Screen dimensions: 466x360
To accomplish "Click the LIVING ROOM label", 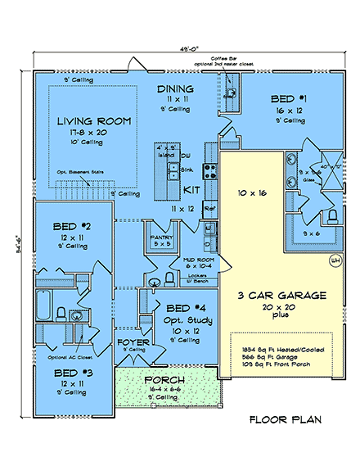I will click(x=93, y=120).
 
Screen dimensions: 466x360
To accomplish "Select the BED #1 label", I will click(x=288, y=98).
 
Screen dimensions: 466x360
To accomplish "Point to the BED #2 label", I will click(x=74, y=225).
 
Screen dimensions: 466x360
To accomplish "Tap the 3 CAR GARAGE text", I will click(x=282, y=296).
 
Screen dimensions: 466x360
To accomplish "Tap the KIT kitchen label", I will click(x=191, y=189).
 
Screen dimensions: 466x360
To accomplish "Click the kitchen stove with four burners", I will click(x=209, y=171).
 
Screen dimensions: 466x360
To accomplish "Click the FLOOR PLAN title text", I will click(x=285, y=420).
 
